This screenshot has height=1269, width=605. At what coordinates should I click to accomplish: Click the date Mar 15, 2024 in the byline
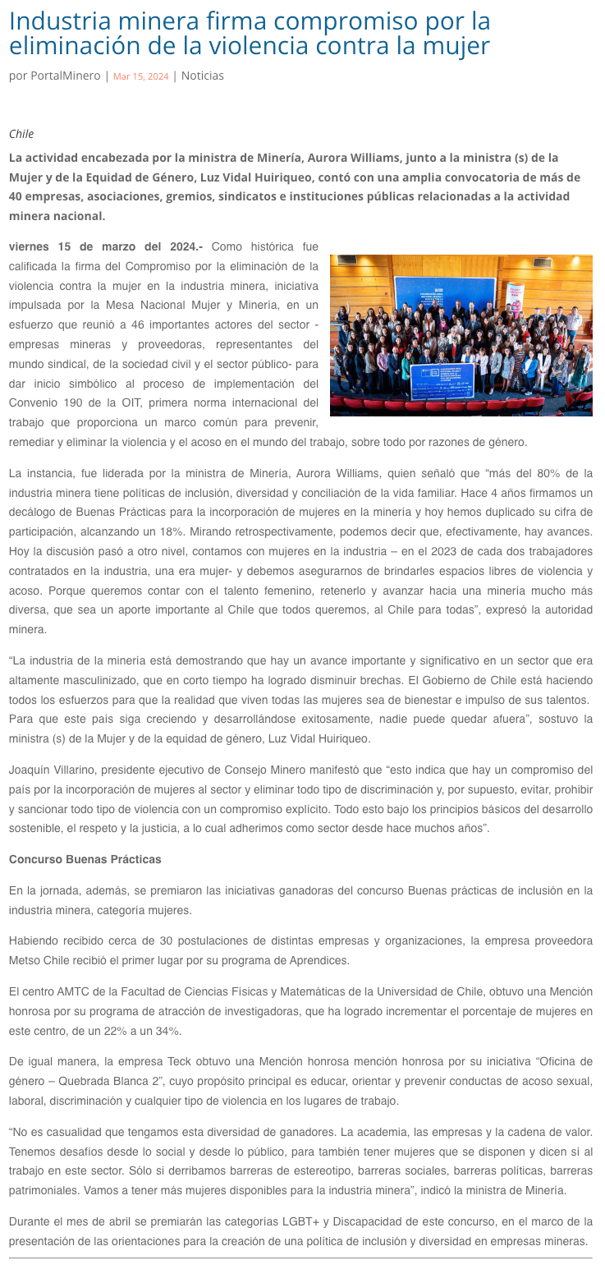pyautogui.click(x=140, y=76)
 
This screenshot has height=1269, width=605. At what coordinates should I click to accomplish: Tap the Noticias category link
pyautogui.click(x=202, y=76)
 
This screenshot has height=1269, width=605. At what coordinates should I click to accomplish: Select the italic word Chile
pyautogui.click(x=21, y=134)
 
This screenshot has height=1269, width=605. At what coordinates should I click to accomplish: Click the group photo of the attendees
pyautogui.click(x=461, y=335)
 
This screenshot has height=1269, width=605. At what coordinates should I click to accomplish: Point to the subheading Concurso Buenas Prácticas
pyautogui.click(x=85, y=859)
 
